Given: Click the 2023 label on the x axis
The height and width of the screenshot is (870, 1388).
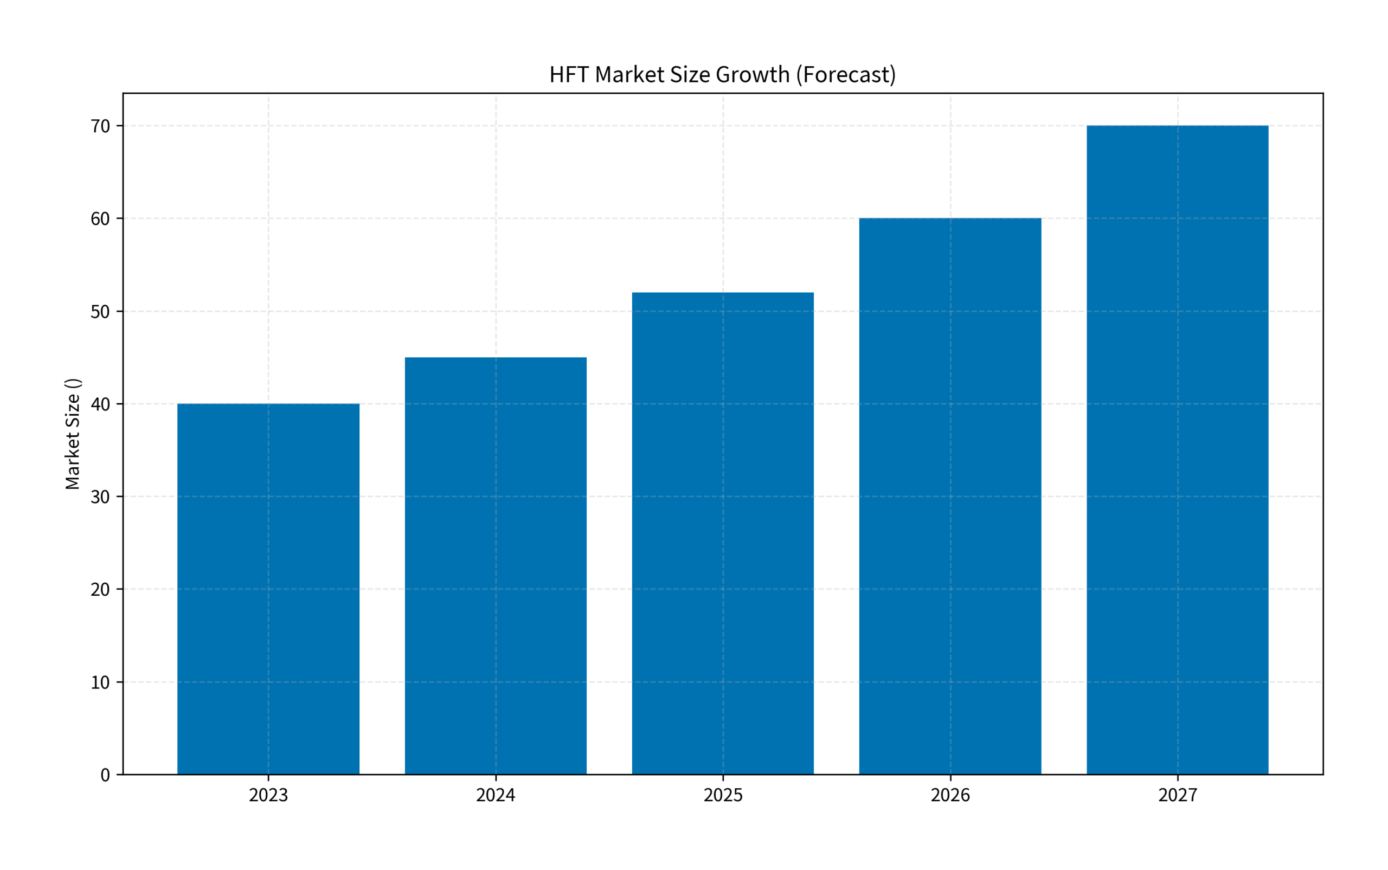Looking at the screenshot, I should click(x=268, y=795).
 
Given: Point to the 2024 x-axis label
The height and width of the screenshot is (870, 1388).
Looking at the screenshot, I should click(x=496, y=795).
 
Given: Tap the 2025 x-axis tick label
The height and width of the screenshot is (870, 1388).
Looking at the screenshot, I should click(x=723, y=795).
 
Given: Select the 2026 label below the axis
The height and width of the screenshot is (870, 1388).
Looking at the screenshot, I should click(x=950, y=795).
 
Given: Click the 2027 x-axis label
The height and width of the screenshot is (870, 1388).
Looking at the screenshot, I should click(x=1178, y=795).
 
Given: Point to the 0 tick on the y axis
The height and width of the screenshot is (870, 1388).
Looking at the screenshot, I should click(x=105, y=775).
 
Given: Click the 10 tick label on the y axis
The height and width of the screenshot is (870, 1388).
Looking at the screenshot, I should click(x=100, y=682).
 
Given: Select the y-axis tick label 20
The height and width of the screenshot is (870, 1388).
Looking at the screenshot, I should click(x=100, y=589).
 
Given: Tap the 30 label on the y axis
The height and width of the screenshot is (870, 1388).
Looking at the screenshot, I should click(x=100, y=497).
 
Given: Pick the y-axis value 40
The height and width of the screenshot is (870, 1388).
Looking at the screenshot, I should click(x=100, y=404).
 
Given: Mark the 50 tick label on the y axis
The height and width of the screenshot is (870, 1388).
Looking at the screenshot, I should click(x=100, y=311).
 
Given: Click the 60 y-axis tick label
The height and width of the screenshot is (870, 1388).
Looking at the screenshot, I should click(x=100, y=218).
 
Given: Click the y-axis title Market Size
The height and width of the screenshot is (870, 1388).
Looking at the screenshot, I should click(x=73, y=434).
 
